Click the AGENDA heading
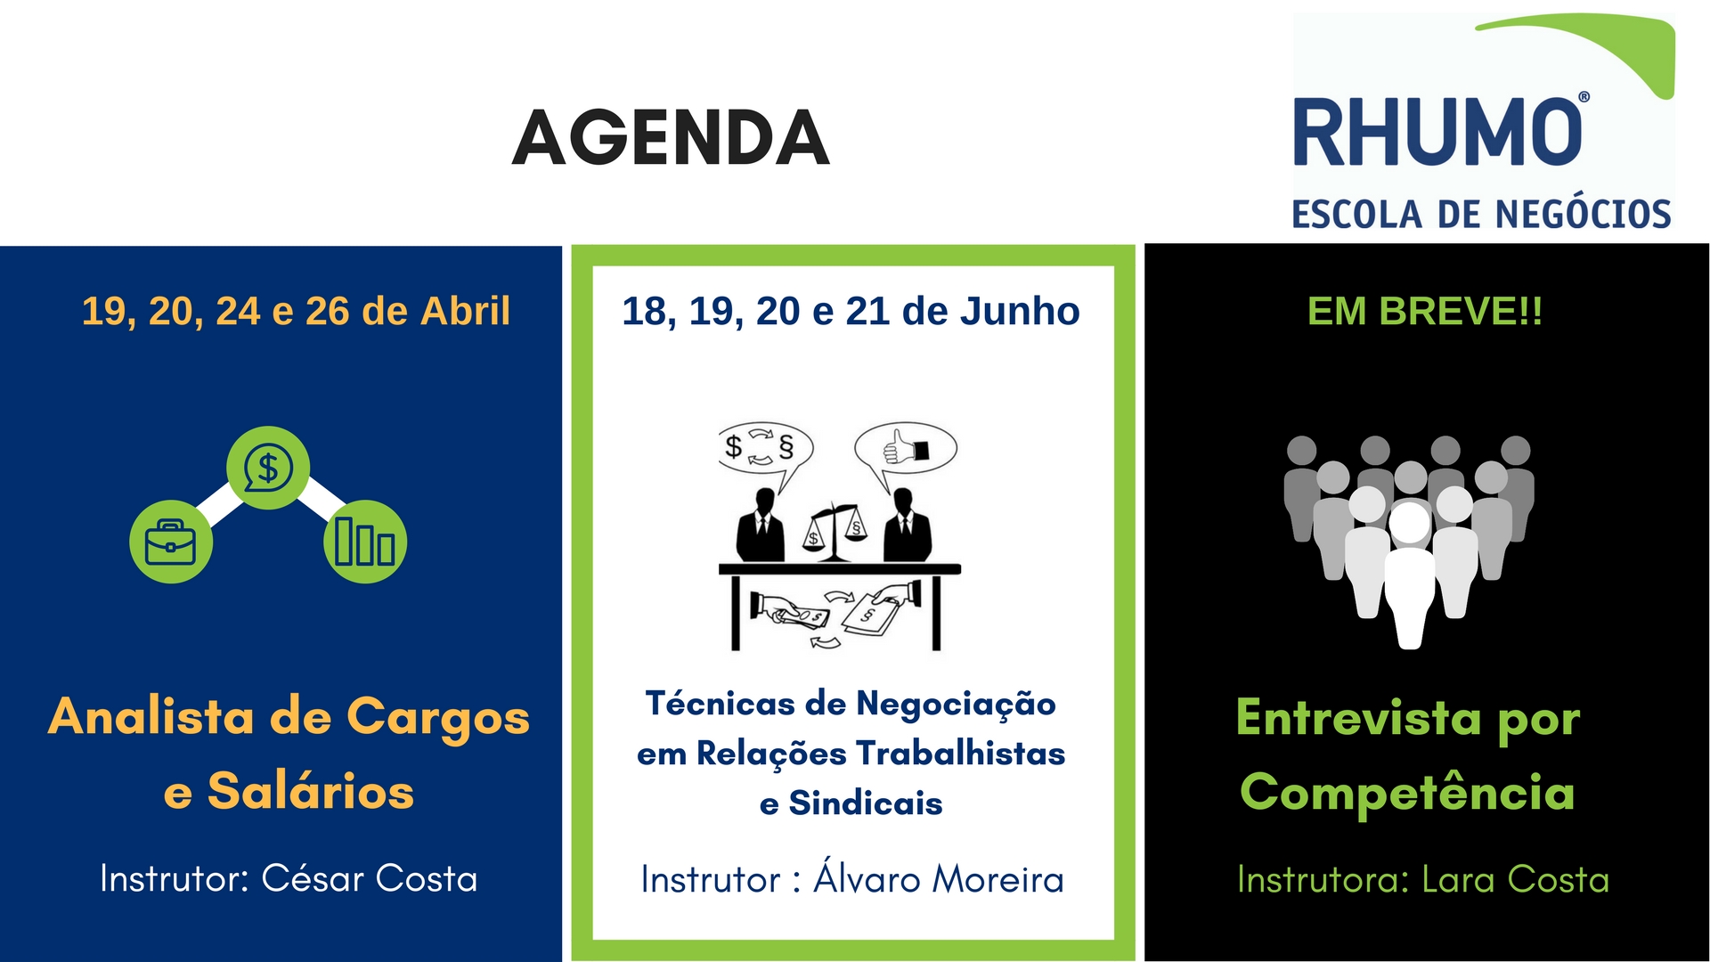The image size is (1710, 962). point(672,138)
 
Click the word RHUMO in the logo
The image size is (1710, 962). point(1437,132)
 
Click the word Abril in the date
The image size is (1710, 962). point(465,311)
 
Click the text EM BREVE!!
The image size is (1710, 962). point(1425,311)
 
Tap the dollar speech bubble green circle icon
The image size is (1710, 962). point(268,468)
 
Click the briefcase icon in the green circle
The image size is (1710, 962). point(171,542)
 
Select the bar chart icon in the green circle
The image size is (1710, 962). point(365,542)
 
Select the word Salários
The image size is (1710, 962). point(311,791)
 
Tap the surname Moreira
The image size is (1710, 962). point(998,880)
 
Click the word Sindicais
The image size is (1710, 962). point(866,803)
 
